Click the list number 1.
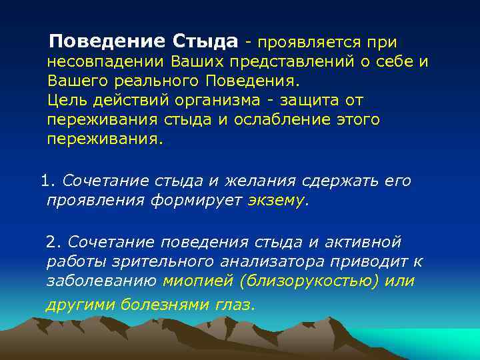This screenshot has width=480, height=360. (45, 181)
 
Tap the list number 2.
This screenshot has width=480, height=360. (52, 241)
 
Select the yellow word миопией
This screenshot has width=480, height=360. (194, 281)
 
